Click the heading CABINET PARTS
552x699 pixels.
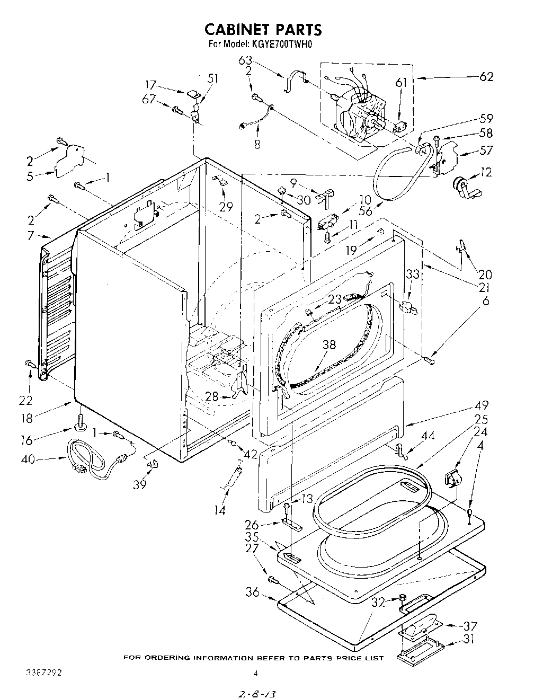tap(263, 29)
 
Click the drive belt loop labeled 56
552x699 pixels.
tap(392, 175)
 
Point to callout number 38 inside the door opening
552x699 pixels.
tap(329, 345)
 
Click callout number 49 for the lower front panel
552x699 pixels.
tap(480, 405)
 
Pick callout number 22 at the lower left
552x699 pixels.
tap(25, 400)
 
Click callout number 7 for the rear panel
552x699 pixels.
tap(31, 236)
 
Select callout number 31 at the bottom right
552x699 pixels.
tap(468, 639)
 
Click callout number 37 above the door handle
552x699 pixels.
tap(469, 625)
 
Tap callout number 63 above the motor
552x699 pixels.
tap(246, 60)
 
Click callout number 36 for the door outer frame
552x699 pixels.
tap(253, 592)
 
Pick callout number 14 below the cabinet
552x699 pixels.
tap(220, 510)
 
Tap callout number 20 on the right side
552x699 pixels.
tap(485, 275)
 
